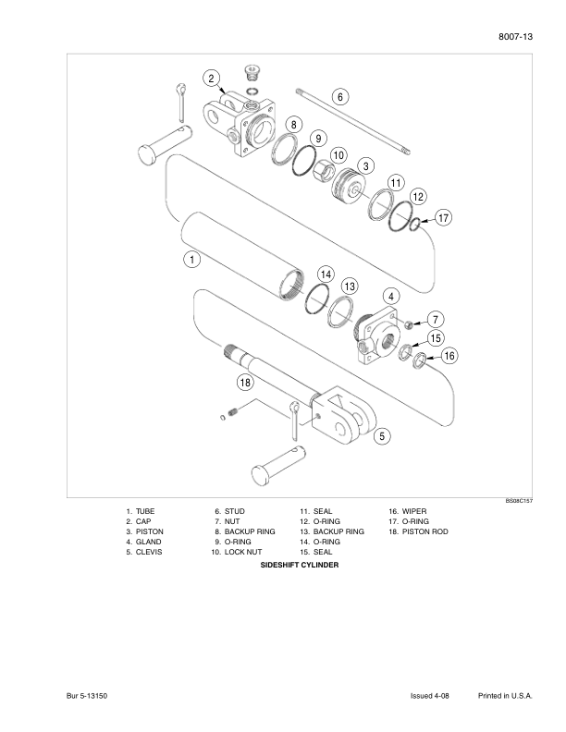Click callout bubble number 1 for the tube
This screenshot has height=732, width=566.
[191, 260]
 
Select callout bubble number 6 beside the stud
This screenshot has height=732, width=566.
[339, 96]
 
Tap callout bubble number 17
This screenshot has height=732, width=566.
[443, 218]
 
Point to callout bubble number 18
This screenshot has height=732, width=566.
[245, 382]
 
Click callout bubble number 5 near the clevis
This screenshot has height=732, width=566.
[381, 436]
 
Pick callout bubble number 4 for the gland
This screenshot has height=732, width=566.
[391, 297]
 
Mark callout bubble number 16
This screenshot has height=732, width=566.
[449, 356]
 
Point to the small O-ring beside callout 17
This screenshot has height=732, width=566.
[420, 222]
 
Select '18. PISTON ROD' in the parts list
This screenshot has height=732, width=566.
[418, 531]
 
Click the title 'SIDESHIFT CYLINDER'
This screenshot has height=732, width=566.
[300, 564]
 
